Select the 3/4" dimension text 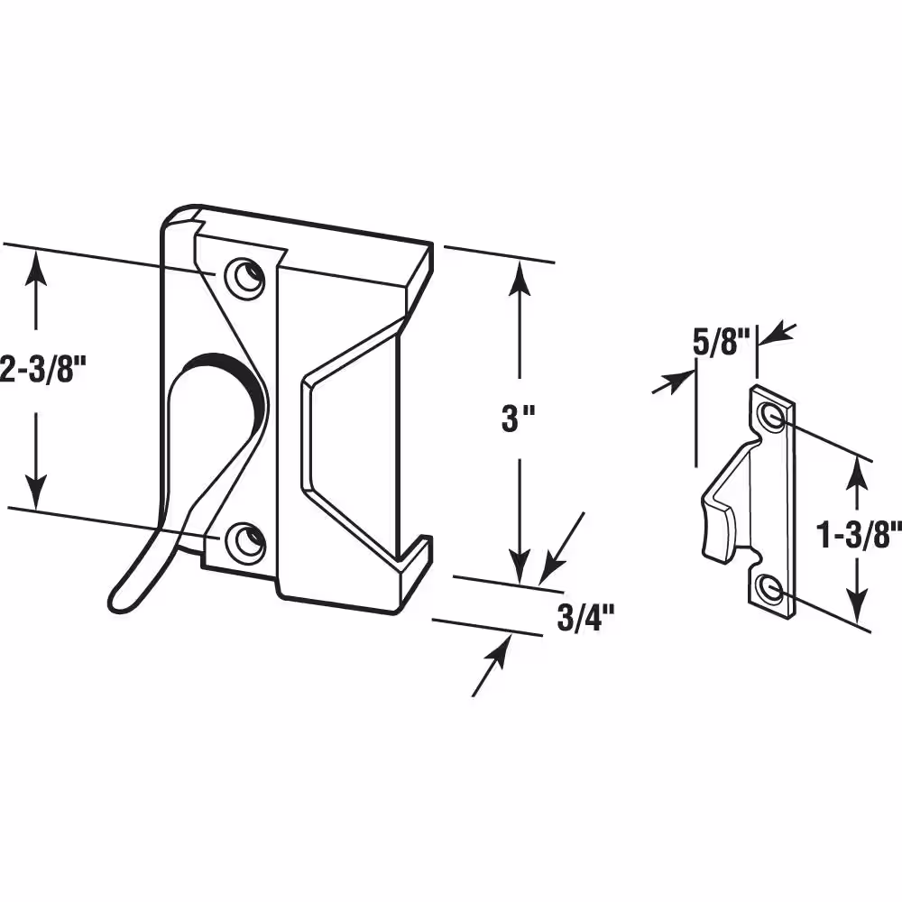pos(586,618)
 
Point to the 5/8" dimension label pos(723,343)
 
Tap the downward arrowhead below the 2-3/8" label pos(37,491)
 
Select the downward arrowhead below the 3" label pos(520,566)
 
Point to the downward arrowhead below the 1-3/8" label pos(858,604)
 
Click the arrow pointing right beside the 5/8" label pos(674,382)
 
